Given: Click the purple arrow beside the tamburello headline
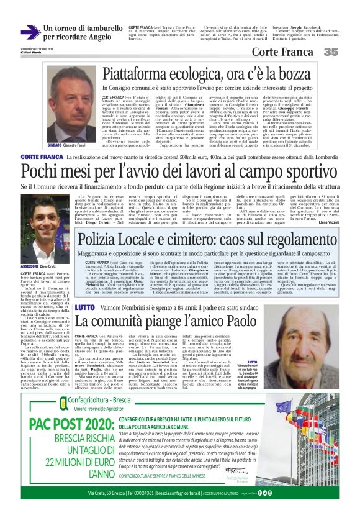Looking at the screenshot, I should click(x=30, y=32).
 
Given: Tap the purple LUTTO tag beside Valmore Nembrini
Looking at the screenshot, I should click(x=84, y=307).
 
